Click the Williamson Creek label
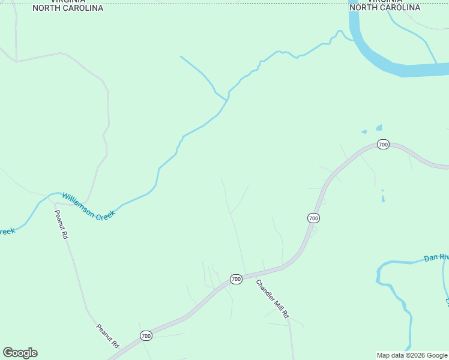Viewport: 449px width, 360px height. pos(88,206)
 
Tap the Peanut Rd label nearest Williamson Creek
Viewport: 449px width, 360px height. pos(61,224)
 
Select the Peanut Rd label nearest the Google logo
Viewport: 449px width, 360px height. pos(108,337)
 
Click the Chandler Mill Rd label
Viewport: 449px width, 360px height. pos(273,299)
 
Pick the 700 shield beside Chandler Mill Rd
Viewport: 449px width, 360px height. pos(236,279)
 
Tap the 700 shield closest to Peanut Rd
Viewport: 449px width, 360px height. pos(145,335)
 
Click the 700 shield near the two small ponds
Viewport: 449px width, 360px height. pos(384,144)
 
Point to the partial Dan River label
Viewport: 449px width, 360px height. pos(436,257)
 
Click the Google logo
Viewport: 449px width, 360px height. pos(20,353)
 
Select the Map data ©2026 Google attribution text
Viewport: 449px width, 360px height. pos(412,355)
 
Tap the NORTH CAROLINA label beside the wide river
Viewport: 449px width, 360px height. pos(385,8)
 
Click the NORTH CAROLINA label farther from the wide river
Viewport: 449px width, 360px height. pos(68,8)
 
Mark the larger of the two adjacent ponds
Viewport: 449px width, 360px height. pos(379,127)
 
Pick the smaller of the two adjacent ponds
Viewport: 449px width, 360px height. pos(364,131)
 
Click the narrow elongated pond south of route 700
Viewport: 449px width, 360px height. pos(383,196)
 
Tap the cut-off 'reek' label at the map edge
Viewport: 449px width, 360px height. pos(7,231)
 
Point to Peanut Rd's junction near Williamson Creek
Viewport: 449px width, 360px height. pos(56,203)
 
